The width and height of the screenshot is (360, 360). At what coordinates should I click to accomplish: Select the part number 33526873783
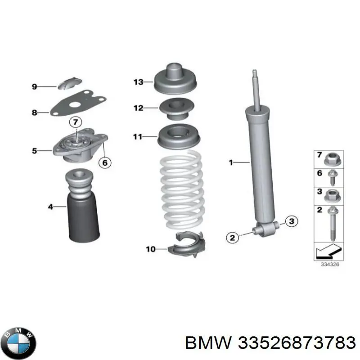pos(297,343)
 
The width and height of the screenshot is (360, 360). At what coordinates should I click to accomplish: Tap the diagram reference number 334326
pos(330,265)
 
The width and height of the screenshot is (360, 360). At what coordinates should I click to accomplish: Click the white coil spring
pos(181,189)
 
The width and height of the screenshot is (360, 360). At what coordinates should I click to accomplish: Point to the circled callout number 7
pos(76,122)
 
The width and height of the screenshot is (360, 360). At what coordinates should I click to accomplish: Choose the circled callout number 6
pos(105,162)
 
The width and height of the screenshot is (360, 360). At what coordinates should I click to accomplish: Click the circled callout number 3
pos(292,221)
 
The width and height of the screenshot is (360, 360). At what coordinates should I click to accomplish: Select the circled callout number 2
pos(232,238)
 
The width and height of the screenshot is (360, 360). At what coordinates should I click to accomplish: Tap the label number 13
pos(139,82)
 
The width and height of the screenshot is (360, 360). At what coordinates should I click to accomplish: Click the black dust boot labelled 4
pos(83,206)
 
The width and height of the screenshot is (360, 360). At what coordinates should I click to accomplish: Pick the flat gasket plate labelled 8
pos(78,103)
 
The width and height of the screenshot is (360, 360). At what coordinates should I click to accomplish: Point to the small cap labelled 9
pos(69,83)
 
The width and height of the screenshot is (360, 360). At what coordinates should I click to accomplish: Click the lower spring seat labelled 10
pos(187,244)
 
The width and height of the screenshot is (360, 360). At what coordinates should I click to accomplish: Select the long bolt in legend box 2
pos(332,223)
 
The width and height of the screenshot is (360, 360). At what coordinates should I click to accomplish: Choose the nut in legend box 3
pos(332,196)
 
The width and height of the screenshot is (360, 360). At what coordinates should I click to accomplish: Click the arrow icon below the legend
pos(328,251)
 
